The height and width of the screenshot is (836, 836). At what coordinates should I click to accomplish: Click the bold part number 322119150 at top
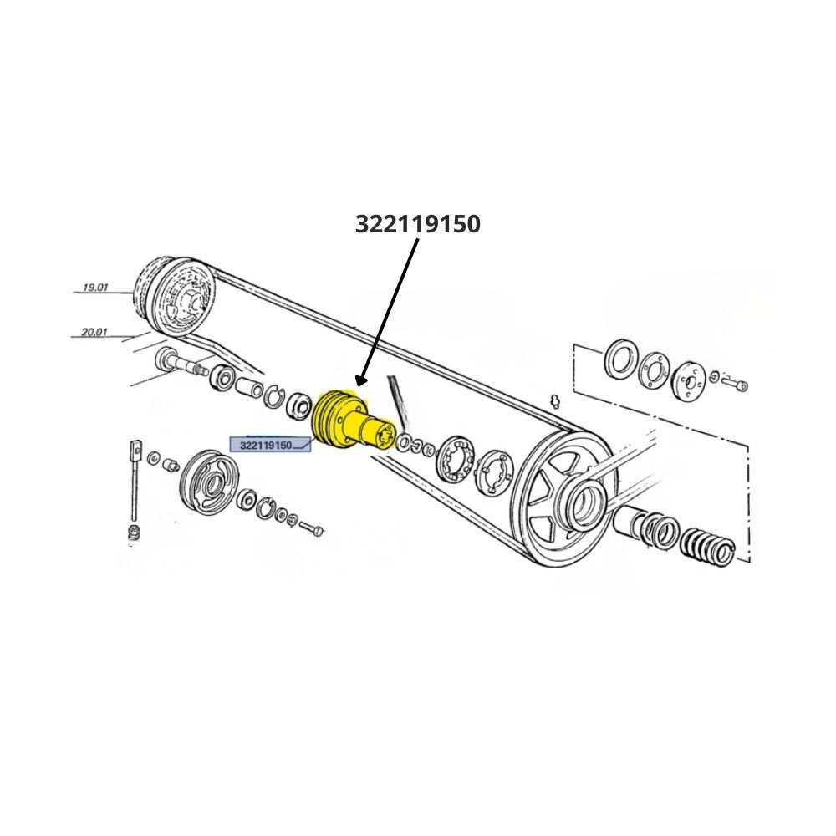coord(417,224)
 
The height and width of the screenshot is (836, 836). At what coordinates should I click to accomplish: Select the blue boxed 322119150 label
coord(270,445)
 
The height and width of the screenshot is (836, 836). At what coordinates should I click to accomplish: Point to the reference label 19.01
coord(95,288)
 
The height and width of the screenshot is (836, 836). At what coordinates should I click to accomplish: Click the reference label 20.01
coord(94,332)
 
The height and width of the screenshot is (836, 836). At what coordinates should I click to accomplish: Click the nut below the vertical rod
coord(135,532)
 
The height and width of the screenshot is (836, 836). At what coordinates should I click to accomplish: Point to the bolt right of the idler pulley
coord(312,528)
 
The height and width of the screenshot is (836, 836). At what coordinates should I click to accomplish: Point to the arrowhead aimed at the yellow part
coord(361,380)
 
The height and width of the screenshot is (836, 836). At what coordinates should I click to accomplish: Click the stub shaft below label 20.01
coord(181,363)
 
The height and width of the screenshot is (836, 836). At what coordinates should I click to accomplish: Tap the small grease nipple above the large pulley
coord(555,400)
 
